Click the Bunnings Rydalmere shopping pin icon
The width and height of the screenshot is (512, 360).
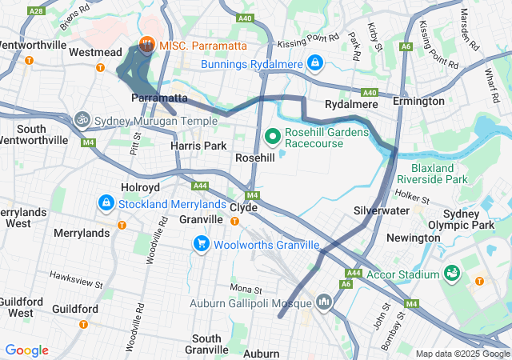315,62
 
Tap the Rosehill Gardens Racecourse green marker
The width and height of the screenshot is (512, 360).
272,136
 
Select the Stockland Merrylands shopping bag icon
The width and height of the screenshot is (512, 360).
106,203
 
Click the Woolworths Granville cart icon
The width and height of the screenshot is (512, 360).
200,243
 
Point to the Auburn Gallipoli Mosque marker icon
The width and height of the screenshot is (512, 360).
324,302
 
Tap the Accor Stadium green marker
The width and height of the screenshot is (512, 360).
453,274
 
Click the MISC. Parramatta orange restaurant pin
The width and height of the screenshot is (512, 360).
146,44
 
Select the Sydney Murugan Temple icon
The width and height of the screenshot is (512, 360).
81,120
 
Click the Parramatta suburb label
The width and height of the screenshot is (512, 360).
159,98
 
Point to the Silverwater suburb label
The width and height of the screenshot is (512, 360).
382,210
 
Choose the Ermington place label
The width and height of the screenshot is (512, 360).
418,102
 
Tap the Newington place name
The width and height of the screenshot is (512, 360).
413,238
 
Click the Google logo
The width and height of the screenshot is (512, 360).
26,350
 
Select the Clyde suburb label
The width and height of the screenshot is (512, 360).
243,207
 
